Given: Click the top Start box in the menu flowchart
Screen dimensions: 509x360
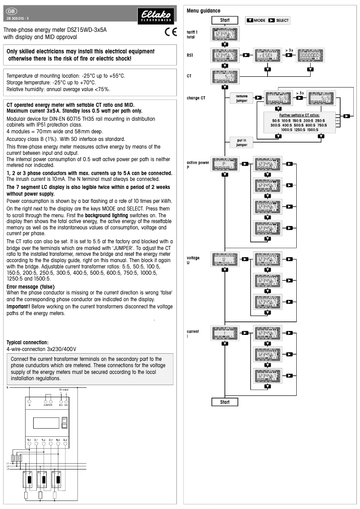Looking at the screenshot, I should pyautogui.click(x=225, y=20).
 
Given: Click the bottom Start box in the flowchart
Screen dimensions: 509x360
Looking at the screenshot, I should pyautogui.click(x=225, y=402).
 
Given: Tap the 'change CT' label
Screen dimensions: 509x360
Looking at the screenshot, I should pyautogui.click(x=196, y=98).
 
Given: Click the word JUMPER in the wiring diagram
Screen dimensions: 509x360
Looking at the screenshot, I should pyautogui.click(x=47, y=404).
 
